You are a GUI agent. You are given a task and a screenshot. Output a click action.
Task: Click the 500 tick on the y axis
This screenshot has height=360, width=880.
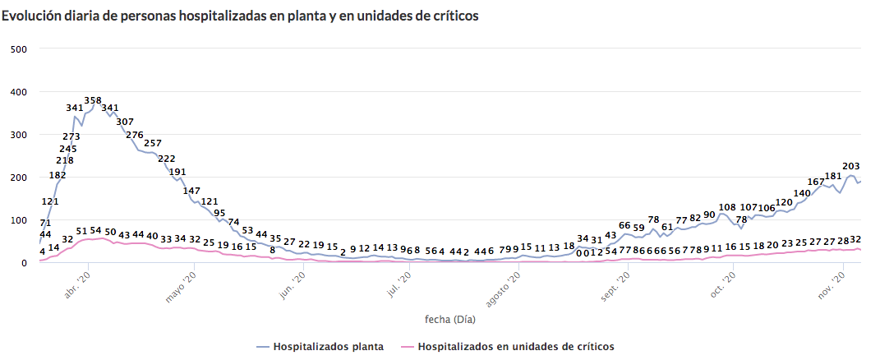tap(19, 48)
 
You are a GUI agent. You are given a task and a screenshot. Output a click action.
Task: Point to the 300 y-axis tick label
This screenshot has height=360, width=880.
tap(19, 135)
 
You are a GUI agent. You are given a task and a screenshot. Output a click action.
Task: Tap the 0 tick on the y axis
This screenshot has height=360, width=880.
tap(25, 263)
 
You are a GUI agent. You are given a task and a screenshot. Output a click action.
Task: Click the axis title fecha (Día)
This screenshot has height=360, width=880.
tap(449, 320)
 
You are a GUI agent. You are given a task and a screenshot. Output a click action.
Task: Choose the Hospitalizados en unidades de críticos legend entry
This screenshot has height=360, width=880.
tap(516, 347)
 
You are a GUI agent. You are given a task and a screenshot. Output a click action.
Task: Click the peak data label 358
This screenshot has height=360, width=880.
tap(93, 101)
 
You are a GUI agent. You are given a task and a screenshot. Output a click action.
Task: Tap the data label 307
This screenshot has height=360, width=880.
tap(125, 122)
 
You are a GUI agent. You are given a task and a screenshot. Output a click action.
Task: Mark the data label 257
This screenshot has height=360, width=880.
tap(153, 143)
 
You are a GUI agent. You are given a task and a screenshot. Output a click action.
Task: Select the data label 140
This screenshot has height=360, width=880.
tap(802, 193)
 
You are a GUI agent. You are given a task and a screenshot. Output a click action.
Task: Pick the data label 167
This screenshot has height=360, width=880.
tap(816, 182)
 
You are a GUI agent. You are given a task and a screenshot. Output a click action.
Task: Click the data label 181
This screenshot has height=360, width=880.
tap(833, 176)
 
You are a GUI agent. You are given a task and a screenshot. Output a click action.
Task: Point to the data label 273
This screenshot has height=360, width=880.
tap(71, 136)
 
